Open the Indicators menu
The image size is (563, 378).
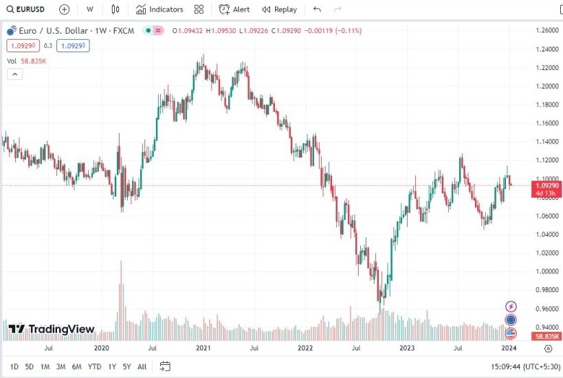coord(159,10)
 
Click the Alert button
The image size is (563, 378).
coord(234,10)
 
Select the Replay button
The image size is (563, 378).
coord(279,10)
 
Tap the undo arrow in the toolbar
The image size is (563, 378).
coord(317,10)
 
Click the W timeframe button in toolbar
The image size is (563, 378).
coord(89,10)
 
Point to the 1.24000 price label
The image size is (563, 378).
coord(547,49)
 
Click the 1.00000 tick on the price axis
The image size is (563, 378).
coord(547,271)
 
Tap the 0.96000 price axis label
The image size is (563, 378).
coord(547,309)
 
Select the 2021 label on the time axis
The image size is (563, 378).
coord(203,348)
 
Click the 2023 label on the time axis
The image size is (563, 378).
coord(407,348)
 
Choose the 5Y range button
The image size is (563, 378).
coord(126,366)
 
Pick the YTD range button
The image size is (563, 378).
coord(95,366)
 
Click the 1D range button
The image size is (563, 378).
coord(14,366)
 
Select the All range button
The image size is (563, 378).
coord(142,366)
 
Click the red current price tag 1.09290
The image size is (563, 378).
coord(547,186)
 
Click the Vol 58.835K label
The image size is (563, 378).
coord(27,61)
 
